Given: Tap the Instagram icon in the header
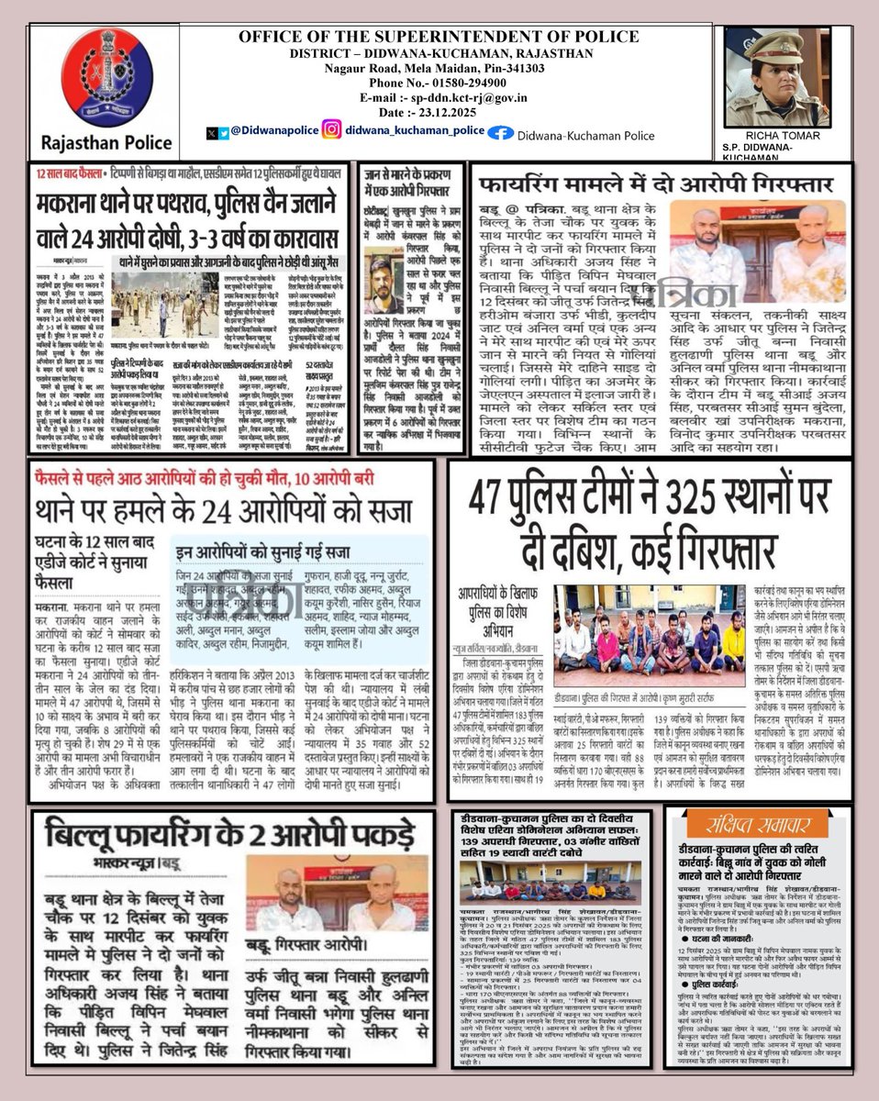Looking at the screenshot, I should (332, 130).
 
